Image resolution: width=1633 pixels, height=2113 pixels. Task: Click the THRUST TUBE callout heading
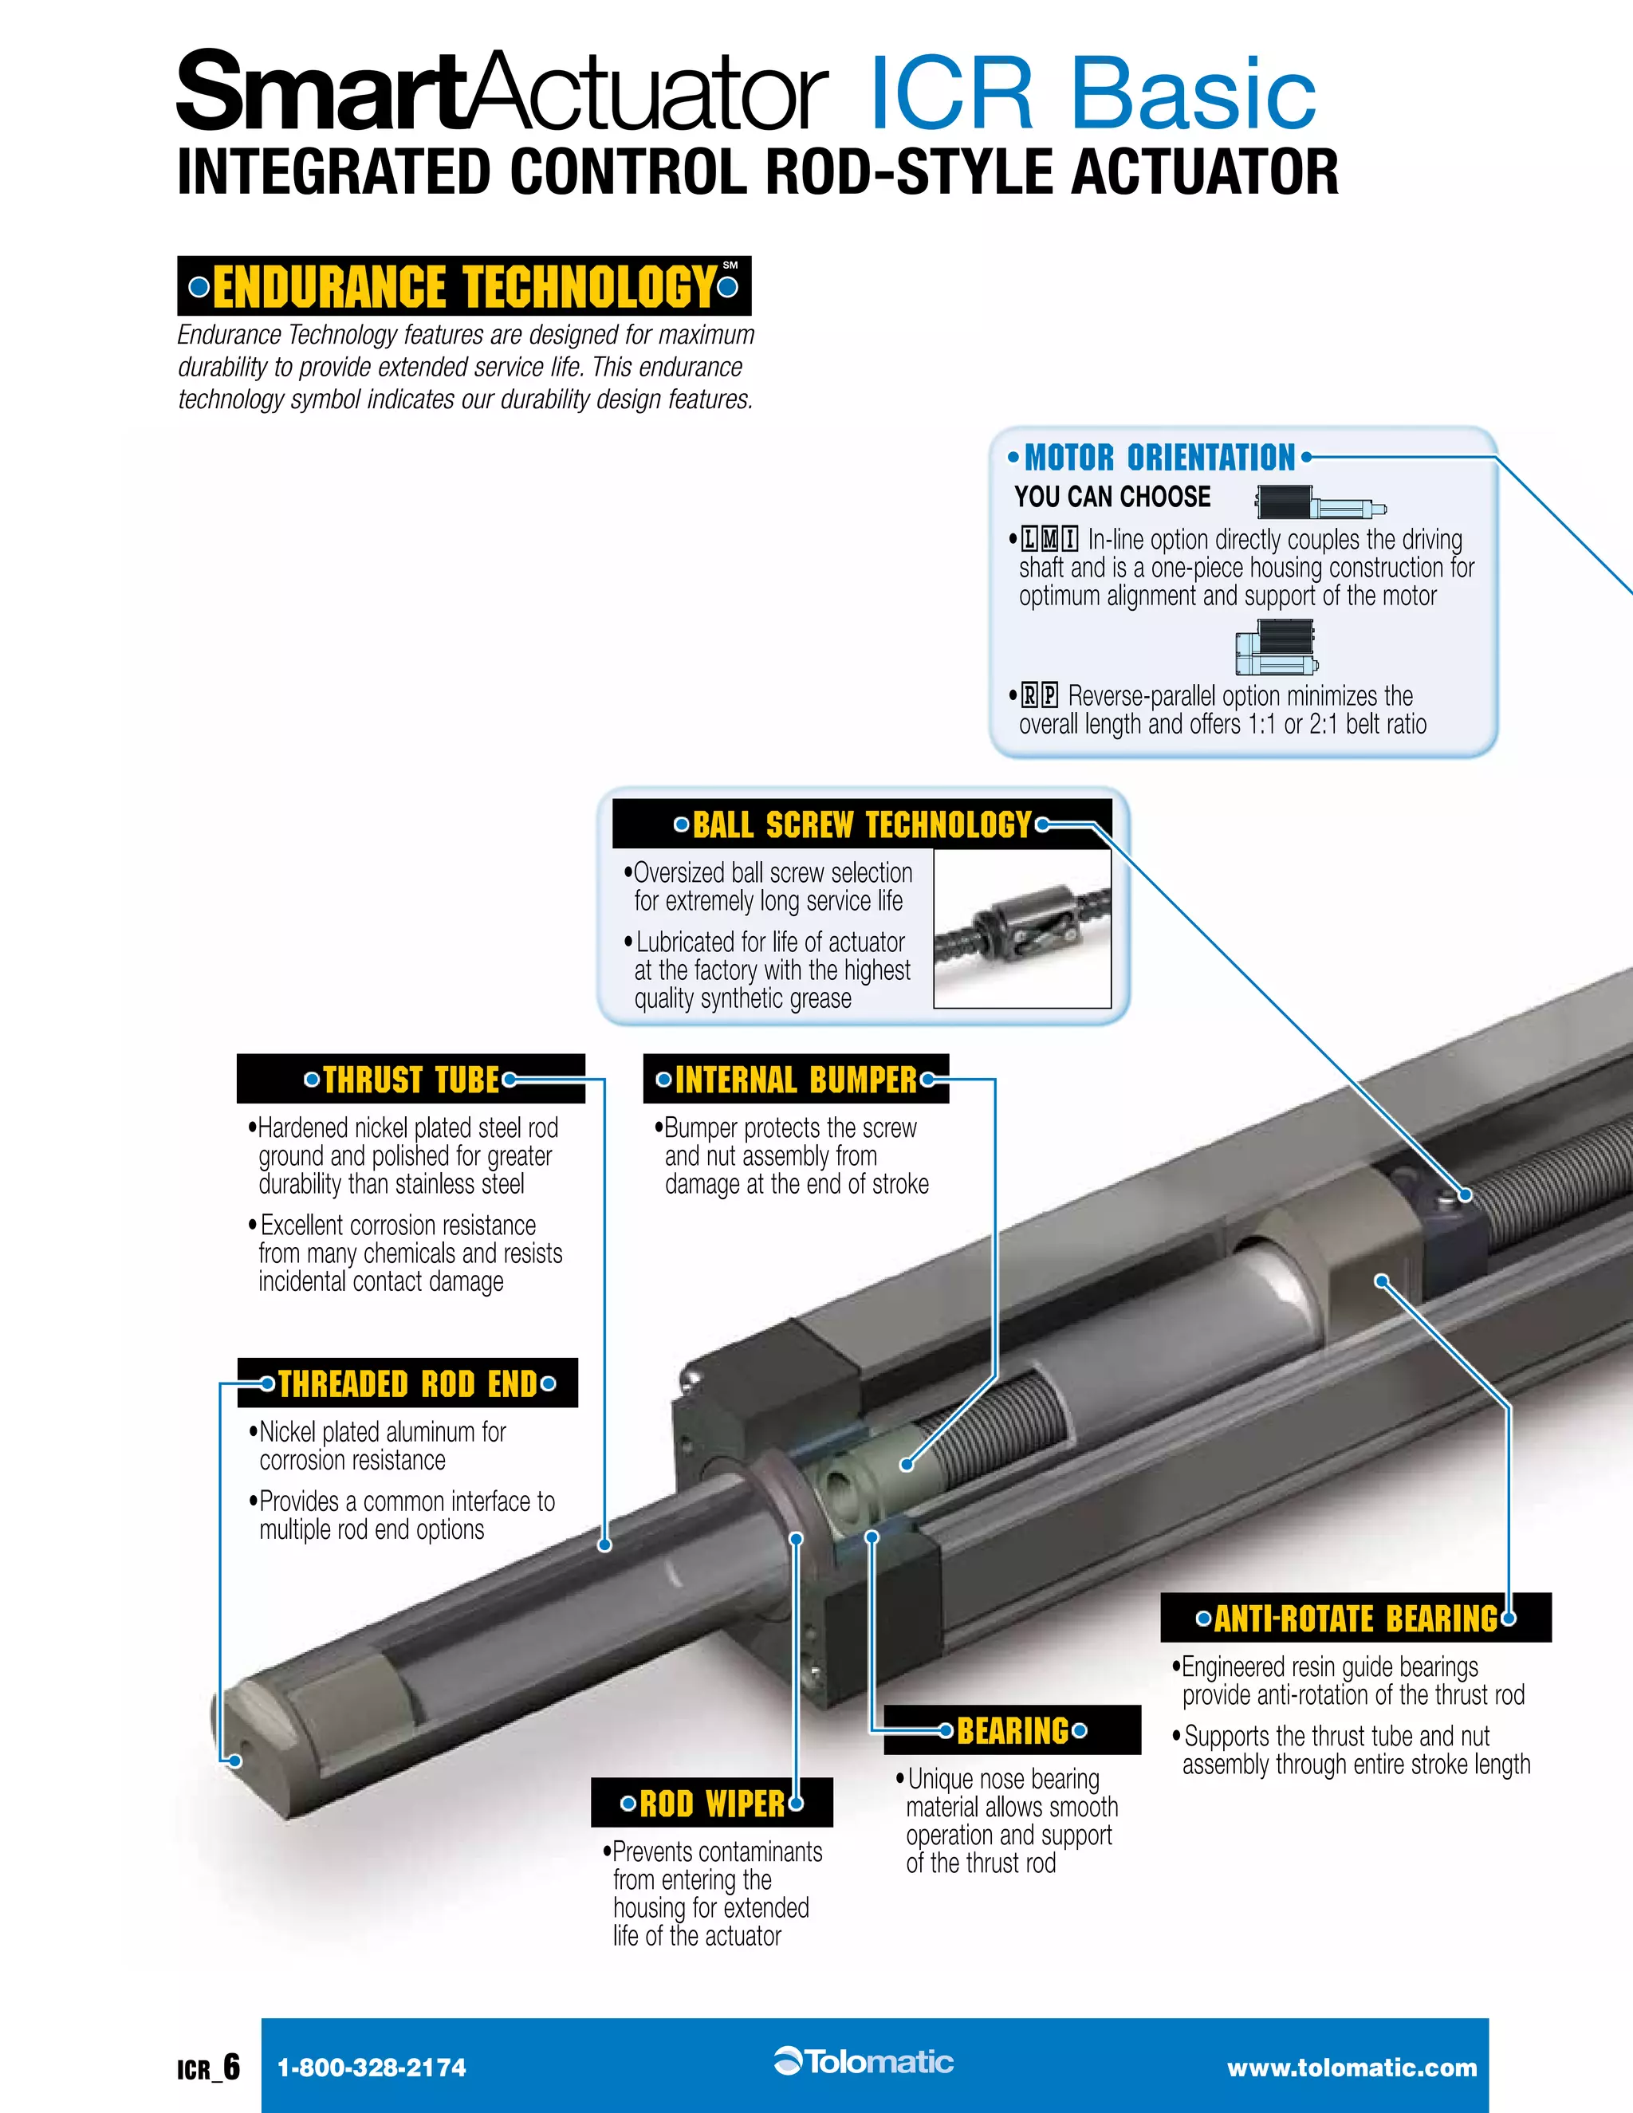411,1079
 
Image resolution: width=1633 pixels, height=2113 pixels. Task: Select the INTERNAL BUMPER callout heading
795,1079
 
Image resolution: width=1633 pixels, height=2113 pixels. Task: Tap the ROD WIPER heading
712,1804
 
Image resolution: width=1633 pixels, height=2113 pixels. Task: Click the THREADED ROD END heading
407,1383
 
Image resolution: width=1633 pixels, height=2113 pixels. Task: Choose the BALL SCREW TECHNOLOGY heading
862,824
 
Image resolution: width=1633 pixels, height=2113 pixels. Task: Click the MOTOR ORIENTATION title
1159,457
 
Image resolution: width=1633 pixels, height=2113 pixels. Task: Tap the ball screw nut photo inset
1022,929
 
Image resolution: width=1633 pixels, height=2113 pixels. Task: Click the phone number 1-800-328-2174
372,2068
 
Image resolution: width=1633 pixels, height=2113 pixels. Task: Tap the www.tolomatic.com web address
1352,2068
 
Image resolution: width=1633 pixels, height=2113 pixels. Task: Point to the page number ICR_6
208,2068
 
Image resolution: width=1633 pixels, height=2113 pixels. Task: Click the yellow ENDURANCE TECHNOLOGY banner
464,286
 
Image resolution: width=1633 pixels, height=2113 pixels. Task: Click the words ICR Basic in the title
1092,94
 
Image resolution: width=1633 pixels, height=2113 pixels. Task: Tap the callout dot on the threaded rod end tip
233,1761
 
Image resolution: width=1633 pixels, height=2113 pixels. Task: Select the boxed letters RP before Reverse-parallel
1040,695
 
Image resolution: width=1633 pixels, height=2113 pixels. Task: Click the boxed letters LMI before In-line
1049,539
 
